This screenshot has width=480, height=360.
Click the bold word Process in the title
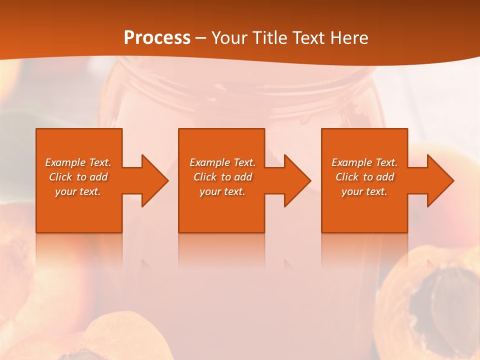click(157, 38)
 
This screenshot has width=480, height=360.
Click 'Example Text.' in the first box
click(78, 162)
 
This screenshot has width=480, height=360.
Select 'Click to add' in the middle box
click(222, 177)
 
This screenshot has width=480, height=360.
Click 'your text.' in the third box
click(364, 191)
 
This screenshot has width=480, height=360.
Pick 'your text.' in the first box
click(78, 191)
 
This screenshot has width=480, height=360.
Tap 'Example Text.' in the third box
click(364, 162)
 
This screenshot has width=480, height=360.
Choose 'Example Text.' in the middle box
click(222, 162)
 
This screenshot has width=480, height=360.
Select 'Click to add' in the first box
click(78, 177)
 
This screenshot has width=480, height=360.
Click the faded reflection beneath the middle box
click(221, 252)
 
